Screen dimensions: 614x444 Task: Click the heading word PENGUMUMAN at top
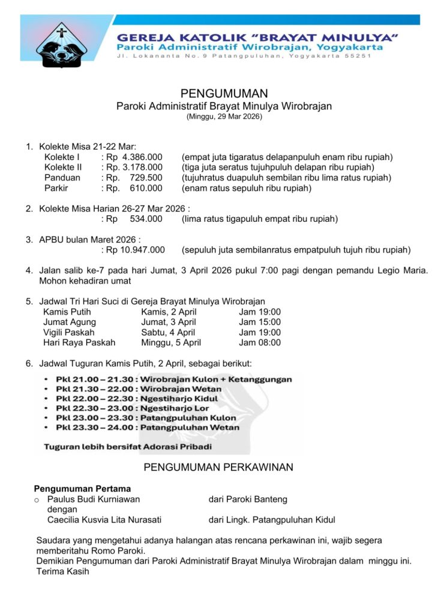click(x=224, y=94)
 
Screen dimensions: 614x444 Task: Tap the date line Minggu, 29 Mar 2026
click(x=224, y=117)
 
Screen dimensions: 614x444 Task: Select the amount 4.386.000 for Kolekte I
click(x=142, y=157)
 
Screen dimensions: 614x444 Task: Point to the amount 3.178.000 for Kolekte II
click(x=142, y=167)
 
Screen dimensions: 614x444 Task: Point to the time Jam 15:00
click(x=260, y=322)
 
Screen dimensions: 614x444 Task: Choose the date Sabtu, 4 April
click(x=168, y=332)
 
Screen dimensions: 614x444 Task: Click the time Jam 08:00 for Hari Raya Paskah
click(x=260, y=342)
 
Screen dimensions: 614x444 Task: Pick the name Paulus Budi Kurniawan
click(x=94, y=499)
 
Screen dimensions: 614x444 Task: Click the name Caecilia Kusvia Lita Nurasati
click(x=104, y=520)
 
